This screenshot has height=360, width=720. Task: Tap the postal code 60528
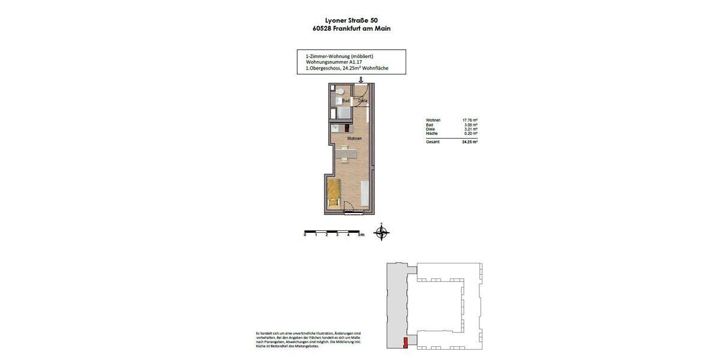[320, 28]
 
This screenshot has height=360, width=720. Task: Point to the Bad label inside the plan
[346, 101]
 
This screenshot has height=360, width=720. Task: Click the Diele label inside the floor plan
[362, 101]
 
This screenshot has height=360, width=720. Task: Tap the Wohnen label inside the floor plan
[354, 139]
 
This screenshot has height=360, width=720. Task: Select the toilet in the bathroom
[339, 91]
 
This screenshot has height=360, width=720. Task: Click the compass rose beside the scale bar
[382, 232]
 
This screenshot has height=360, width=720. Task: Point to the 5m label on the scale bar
[360, 235]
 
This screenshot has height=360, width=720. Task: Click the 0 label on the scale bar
[305, 235]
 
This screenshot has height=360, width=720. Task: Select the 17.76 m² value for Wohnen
[470, 120]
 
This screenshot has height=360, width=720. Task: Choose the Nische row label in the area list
[432, 133]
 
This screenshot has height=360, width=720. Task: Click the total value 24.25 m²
[470, 142]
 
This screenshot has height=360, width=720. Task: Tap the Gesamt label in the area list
[433, 142]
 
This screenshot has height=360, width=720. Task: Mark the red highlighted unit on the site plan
[405, 343]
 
